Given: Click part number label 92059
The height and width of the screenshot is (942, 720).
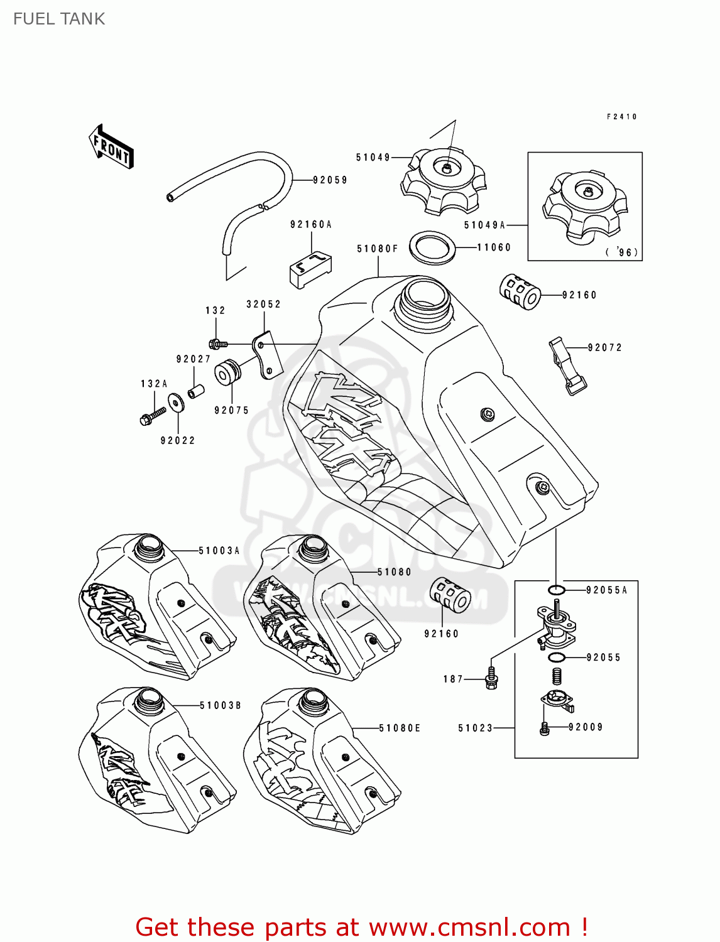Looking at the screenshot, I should [330, 180].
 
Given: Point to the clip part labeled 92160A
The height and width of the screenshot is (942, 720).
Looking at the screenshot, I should [310, 269].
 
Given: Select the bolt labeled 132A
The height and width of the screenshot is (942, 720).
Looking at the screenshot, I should [153, 415].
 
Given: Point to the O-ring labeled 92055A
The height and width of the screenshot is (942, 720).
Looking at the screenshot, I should [556, 590].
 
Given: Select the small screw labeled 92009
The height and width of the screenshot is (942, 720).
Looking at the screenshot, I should [544, 728].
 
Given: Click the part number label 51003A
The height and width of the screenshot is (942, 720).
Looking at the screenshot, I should [219, 551].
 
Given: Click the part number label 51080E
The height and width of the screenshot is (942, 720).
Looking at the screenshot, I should [400, 728].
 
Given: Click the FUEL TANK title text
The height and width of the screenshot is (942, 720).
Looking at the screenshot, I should [59, 19].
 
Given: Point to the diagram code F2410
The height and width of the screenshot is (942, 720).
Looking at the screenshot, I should [621, 117].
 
